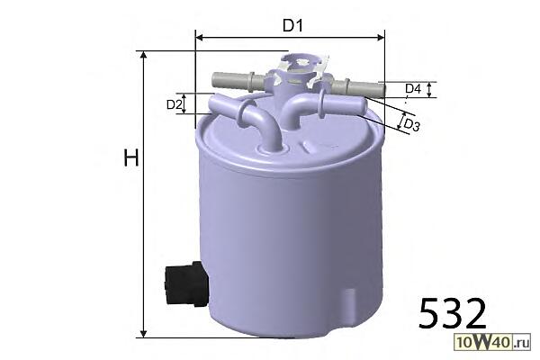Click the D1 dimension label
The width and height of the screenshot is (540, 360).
292,25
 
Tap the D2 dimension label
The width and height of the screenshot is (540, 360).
174,104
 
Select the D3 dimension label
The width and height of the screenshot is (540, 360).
411,125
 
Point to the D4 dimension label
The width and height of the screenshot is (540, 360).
413,89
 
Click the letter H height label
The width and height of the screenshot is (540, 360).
131,158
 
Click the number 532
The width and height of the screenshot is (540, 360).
452,313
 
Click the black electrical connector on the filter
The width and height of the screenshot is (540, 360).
186,284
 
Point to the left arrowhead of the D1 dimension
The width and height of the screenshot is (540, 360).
199,37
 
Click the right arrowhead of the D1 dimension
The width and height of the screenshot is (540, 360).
381,37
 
